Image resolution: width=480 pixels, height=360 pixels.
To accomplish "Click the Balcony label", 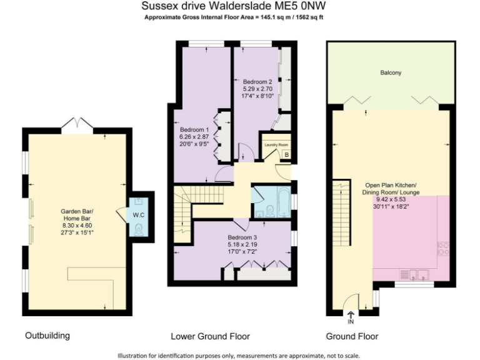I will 391,73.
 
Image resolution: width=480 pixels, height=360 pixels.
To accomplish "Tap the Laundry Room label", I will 274,144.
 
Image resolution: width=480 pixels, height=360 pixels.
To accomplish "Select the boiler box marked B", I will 286,154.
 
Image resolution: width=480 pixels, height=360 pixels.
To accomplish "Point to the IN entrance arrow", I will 351,317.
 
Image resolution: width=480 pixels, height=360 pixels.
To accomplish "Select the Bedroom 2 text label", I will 257,82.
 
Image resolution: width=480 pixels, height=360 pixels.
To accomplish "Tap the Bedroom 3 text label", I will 242,237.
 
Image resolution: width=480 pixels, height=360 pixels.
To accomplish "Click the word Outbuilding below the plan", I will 47,336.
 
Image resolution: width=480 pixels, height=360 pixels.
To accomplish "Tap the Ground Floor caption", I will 352,336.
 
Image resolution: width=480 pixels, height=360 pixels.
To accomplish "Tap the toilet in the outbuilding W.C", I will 137,229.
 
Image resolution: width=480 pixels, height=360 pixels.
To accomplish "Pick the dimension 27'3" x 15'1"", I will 76,232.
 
